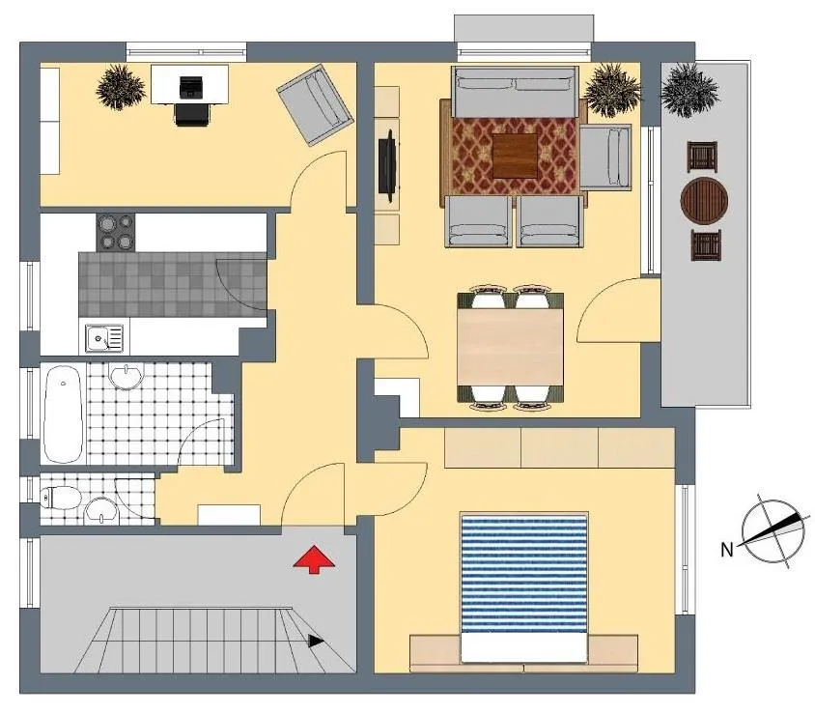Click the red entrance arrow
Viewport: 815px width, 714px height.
(314, 560)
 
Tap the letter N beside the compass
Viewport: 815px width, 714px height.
(727, 549)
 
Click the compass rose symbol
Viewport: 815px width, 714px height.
(773, 531)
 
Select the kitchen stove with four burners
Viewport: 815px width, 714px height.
(115, 233)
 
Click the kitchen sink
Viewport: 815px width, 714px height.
(104, 339)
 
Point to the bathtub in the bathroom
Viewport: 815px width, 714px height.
(64, 414)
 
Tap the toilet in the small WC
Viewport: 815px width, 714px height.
(60, 498)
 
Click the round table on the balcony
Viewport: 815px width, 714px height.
(704, 201)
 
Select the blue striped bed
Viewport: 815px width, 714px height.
(524, 587)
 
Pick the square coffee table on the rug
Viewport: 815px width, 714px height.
(515, 156)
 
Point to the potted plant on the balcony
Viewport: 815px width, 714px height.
(689, 90)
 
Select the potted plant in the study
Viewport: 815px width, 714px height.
(120, 87)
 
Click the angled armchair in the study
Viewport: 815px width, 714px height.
(316, 105)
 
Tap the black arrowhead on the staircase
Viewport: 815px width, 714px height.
(316, 642)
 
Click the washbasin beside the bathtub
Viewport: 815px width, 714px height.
(125, 376)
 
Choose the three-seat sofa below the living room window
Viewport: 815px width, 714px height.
(515, 92)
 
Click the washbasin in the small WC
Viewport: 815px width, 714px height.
(102, 510)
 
